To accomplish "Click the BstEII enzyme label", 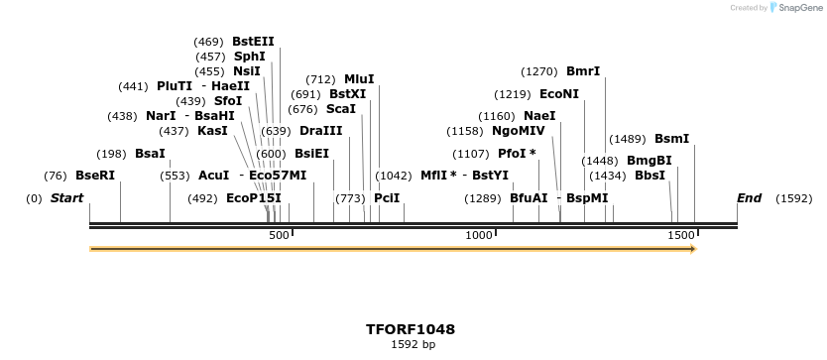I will click(x=253, y=42).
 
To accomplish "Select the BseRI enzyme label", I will click(x=95, y=176).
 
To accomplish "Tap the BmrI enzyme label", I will click(x=583, y=71).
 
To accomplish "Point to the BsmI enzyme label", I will click(x=671, y=139).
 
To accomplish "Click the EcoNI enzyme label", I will click(x=559, y=94).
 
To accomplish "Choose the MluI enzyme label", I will click(x=359, y=79).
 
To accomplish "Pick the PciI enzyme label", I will click(x=387, y=198).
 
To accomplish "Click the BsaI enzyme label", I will click(x=150, y=154).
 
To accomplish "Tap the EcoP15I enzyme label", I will click(x=254, y=198).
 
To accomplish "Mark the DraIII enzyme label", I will click(x=321, y=131).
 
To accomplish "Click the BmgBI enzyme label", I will click(x=650, y=161).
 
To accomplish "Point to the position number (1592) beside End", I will click(x=793, y=198).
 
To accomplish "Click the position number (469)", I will click(x=208, y=42).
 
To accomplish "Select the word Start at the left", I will click(x=66, y=198).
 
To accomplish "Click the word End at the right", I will click(x=749, y=198).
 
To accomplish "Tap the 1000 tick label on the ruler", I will click(x=480, y=234).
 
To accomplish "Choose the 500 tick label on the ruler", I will click(x=279, y=234).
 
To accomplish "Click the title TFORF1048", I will click(x=411, y=329).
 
